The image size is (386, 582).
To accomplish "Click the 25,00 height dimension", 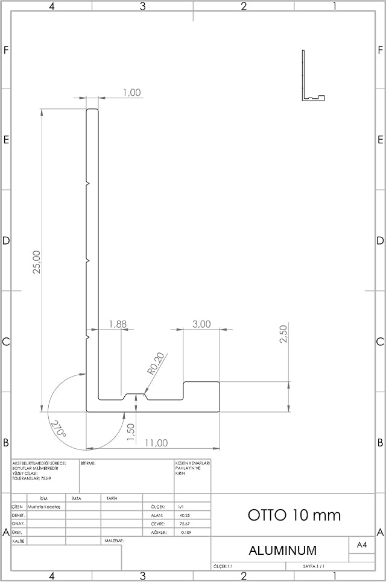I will tap(37, 262).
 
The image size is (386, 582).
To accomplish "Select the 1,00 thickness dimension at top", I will tap(131, 92).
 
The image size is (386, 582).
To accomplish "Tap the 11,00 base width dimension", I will tap(156, 443).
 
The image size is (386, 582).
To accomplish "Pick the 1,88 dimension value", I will tap(118, 324).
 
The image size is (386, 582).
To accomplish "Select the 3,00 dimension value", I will tap(201, 324).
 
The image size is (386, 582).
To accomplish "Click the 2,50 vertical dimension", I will tap(284, 334).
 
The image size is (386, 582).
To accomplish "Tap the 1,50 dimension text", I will tap(131, 431).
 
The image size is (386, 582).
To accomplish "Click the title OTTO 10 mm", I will tap(294, 515).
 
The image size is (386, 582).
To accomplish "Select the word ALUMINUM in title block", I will tap(283, 550).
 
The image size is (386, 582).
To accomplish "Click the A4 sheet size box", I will tap(362, 545).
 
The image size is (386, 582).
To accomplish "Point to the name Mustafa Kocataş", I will tap(46, 507).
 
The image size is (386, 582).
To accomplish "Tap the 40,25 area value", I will tap(185, 516).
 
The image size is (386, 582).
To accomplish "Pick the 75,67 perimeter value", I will tap(185, 524).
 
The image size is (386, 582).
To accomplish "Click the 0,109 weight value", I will tap(185, 533).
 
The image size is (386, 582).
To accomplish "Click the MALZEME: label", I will tap(114, 541).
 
